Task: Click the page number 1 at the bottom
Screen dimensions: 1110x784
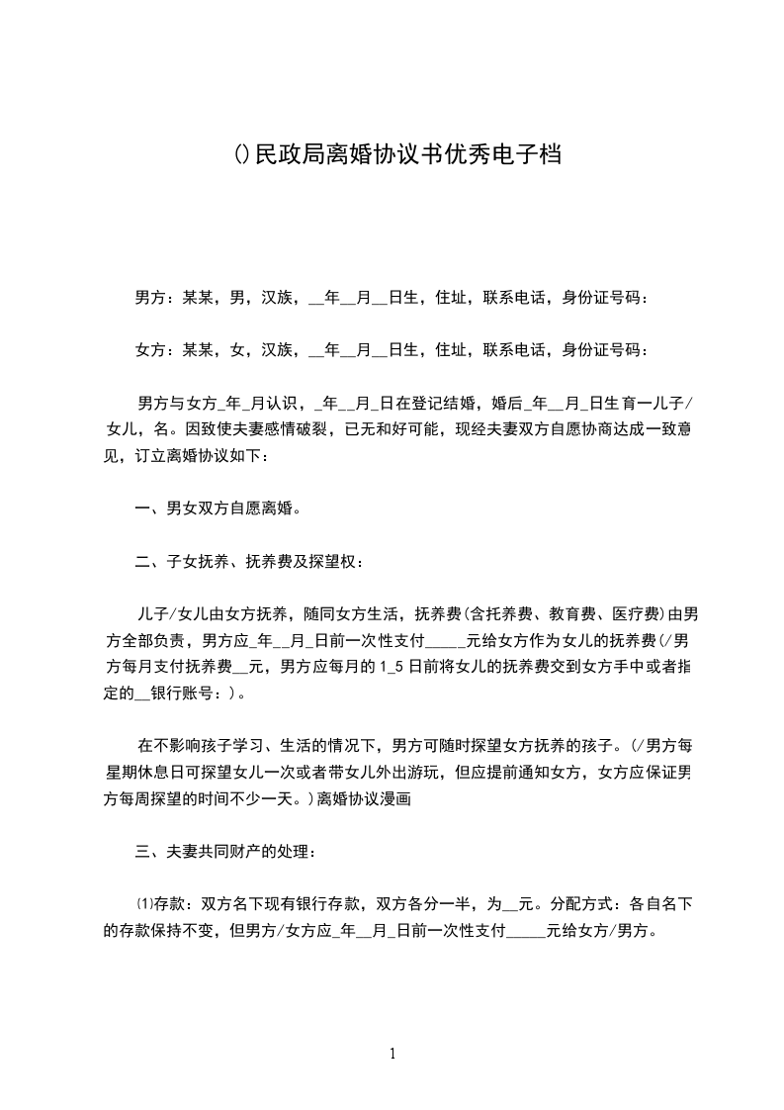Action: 392,1053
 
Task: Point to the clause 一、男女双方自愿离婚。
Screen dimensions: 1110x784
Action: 218,509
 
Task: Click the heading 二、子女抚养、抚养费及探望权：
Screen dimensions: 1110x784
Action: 249,563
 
